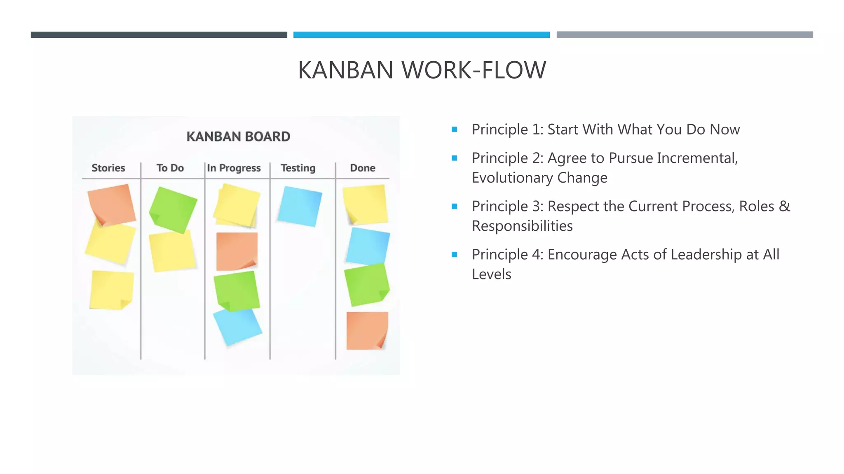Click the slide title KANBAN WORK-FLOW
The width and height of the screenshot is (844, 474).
click(x=422, y=70)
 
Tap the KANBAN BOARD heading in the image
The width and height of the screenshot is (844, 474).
click(x=238, y=137)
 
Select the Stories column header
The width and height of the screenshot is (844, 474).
click(x=108, y=168)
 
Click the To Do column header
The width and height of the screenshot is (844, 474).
click(x=170, y=168)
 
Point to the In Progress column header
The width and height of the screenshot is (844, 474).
click(x=234, y=168)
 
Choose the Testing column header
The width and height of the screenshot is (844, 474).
click(x=298, y=168)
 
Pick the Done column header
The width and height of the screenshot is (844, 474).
click(x=363, y=168)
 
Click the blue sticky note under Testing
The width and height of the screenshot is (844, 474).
click(x=300, y=206)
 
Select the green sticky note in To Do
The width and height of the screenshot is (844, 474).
click(x=173, y=209)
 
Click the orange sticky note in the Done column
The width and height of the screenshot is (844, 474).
click(x=367, y=330)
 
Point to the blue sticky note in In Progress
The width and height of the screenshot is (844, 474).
click(x=238, y=327)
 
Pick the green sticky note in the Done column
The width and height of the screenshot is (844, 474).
click(x=366, y=284)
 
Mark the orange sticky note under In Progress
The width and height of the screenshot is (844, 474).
click(x=237, y=251)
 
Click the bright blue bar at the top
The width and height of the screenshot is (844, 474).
click(x=421, y=35)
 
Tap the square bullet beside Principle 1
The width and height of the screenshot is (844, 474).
click(x=455, y=130)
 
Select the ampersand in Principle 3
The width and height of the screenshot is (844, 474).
click(x=785, y=206)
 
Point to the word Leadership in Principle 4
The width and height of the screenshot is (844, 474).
click(x=706, y=254)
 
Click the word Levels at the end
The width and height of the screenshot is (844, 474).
click(x=491, y=274)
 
